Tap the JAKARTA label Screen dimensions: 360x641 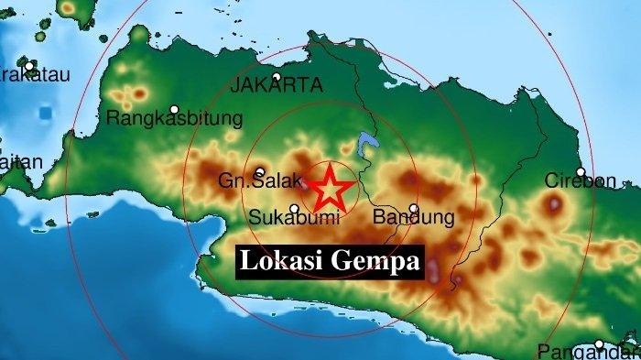(x=277, y=85)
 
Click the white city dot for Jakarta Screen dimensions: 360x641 (x=277, y=77)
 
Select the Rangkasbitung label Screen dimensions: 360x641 (x=174, y=118)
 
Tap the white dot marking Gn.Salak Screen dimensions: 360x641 (x=260, y=171)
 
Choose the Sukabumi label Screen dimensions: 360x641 (x=295, y=218)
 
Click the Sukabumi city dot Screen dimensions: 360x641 (x=294, y=208)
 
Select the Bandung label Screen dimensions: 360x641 (x=414, y=218)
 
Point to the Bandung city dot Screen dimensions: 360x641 (x=414, y=208)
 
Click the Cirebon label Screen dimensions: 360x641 (x=581, y=180)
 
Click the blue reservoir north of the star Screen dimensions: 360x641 (x=366, y=143)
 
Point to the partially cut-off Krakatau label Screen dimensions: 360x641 (x=34, y=76)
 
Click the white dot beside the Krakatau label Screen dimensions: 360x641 (x=30, y=66)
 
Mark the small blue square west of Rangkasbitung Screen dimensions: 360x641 (x=46, y=113)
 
